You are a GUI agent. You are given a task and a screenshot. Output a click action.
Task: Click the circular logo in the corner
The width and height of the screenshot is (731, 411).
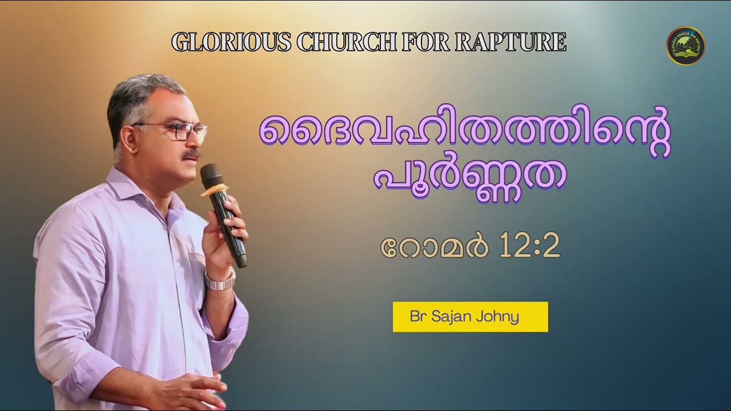(685, 46)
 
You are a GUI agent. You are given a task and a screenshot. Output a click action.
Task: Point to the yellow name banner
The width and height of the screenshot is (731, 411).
(470, 317)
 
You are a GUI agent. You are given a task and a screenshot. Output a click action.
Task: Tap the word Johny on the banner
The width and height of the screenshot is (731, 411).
(500, 317)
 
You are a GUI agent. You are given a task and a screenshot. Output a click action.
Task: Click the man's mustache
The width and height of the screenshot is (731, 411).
(191, 155)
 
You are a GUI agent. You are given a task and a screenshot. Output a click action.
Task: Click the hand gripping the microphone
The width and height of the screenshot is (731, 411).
(226, 231)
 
